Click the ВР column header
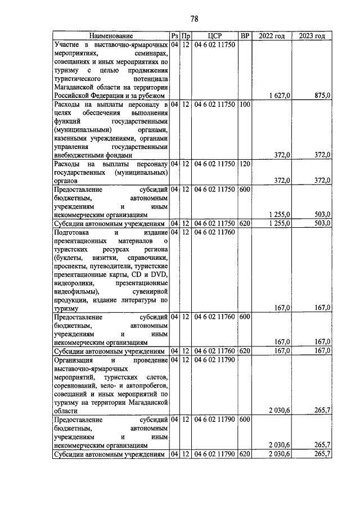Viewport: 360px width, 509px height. click(x=245, y=36)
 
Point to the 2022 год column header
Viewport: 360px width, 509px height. click(x=272, y=36)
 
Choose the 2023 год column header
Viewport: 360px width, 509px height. click(x=312, y=36)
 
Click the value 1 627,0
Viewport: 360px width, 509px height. click(x=279, y=96)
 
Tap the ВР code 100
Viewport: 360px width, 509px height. click(x=244, y=105)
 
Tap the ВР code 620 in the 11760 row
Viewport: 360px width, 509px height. click(x=244, y=351)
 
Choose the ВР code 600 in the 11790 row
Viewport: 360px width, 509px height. click(x=244, y=420)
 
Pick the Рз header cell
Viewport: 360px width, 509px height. click(x=174, y=36)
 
